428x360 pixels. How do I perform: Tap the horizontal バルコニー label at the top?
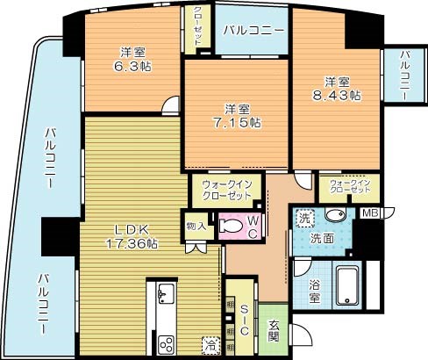253,31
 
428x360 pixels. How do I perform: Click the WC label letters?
251,227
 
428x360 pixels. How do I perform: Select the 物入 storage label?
196,226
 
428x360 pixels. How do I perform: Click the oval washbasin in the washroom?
333,217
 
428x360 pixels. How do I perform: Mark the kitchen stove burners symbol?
165,342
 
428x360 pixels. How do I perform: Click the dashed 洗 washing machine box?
303,216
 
